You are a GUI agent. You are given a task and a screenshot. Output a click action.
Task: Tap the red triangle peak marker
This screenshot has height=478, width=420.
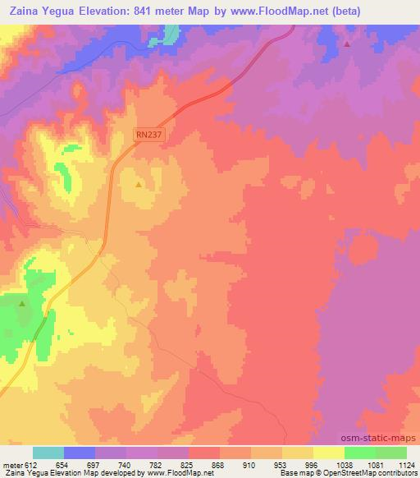[x=346, y=44]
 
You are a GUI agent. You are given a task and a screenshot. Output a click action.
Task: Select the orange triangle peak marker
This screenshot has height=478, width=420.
[x=138, y=184]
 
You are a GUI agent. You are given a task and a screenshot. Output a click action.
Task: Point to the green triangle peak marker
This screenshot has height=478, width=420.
[x=22, y=304]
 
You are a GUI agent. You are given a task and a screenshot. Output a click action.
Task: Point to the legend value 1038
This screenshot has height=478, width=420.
[x=345, y=464]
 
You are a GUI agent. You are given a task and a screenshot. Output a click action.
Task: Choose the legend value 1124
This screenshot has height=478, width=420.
[x=407, y=464]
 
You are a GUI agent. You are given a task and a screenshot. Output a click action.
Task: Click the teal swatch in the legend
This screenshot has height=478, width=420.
[x=48, y=453]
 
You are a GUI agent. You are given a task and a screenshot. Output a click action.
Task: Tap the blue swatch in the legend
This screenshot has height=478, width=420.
[x=80, y=453]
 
